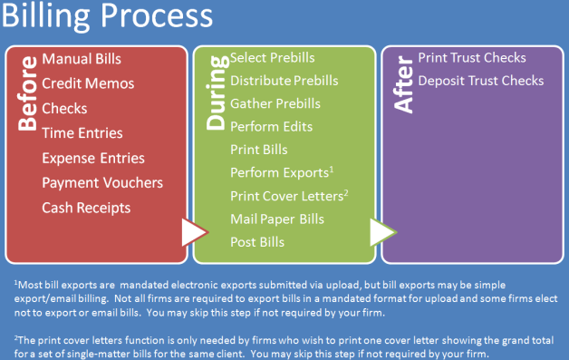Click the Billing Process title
(108, 17)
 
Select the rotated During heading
(214, 94)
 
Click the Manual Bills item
(82, 59)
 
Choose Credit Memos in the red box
(88, 83)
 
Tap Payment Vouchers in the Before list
(102, 182)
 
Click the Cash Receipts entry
(86, 208)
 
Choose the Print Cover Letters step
(289, 195)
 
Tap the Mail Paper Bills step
(276, 219)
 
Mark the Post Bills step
(257, 242)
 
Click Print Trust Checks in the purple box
(472, 58)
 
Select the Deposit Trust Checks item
(480, 81)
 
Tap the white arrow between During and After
(381, 234)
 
